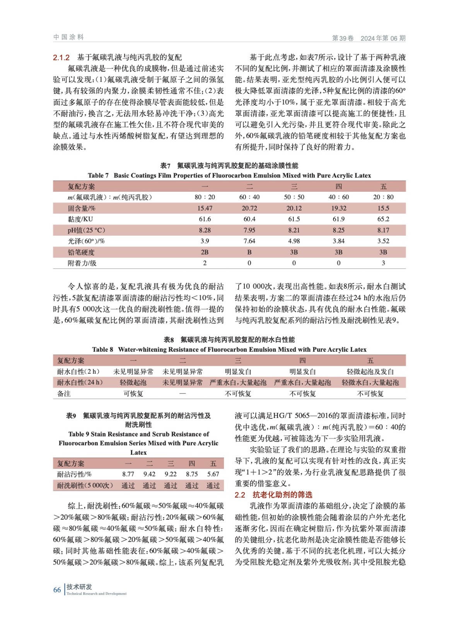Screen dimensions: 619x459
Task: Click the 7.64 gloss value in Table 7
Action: tap(249, 241)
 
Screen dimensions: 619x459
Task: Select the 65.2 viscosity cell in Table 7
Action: tap(383, 219)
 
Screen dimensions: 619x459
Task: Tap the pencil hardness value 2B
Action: tap(205, 252)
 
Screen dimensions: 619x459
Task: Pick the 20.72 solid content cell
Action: tap(249, 208)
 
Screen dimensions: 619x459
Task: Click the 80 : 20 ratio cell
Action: tap(205, 197)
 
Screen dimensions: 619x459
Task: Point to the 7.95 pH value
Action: tap(249, 230)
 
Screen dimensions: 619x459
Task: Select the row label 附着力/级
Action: tap(82, 263)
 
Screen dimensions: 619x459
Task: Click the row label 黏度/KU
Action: tap(80, 219)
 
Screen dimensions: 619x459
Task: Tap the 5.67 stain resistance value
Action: tap(213, 474)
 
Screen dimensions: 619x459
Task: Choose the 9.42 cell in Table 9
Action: tap(149, 474)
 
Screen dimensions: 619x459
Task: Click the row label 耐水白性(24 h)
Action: tap(80, 382)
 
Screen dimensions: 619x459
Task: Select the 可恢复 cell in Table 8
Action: tap(133, 393)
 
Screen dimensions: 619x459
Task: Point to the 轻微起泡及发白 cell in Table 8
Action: tap(370, 371)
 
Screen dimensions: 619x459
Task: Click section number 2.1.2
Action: tap(61, 58)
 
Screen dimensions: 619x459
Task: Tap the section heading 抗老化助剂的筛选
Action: tap(282, 494)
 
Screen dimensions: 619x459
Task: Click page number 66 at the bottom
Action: tap(57, 590)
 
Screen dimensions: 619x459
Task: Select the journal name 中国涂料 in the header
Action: tap(68, 37)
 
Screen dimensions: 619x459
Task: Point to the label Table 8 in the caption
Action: tap(102, 349)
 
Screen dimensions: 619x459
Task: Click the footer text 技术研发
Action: tap(79, 587)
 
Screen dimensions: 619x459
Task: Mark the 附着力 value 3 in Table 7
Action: tap(383, 263)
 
